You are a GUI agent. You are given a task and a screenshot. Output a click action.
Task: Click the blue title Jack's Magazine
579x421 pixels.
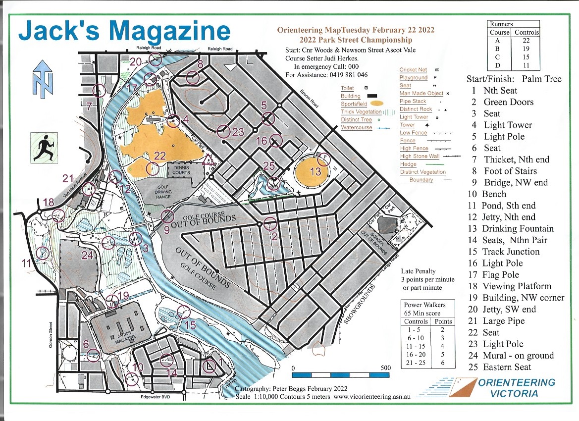pyautogui.click(x=124, y=31)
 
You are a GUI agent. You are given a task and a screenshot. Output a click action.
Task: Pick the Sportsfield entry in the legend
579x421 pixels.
pyautogui.click(x=354, y=104)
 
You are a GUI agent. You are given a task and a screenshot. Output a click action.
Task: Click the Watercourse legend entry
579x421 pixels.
pyautogui.click(x=357, y=128)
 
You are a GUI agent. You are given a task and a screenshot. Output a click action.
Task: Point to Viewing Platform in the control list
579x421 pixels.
pyautogui.click(x=517, y=286)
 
